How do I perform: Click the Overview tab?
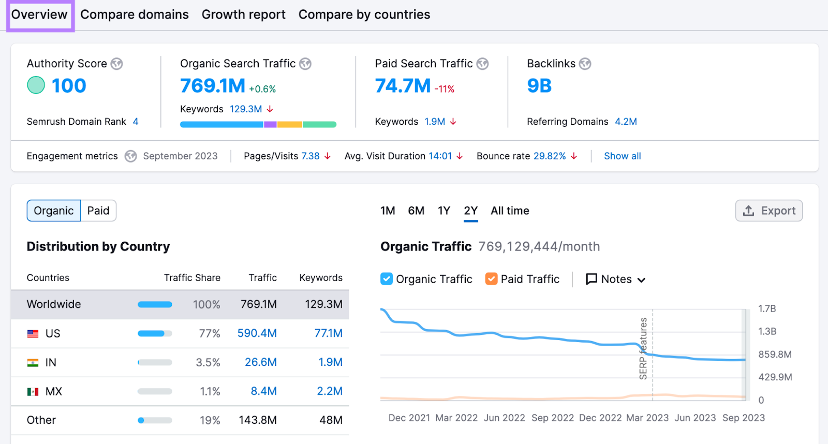point(39,14)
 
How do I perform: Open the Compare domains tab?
point(135,14)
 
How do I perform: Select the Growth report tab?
point(243,14)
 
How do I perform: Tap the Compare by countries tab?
point(364,14)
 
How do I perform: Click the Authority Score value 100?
point(69,86)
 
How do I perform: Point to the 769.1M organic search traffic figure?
point(213,86)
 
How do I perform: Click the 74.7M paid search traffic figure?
point(403,86)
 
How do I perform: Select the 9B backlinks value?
point(539,86)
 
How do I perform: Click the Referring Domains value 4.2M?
point(626,122)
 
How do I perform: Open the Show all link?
point(622,156)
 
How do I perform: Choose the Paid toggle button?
point(98,211)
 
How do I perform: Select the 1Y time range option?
point(443,211)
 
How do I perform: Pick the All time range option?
point(510,211)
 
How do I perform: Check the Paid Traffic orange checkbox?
point(491,279)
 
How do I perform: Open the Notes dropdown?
point(616,279)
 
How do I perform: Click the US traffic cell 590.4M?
point(257,333)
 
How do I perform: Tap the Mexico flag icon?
point(33,392)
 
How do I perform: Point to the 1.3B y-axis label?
point(767,331)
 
